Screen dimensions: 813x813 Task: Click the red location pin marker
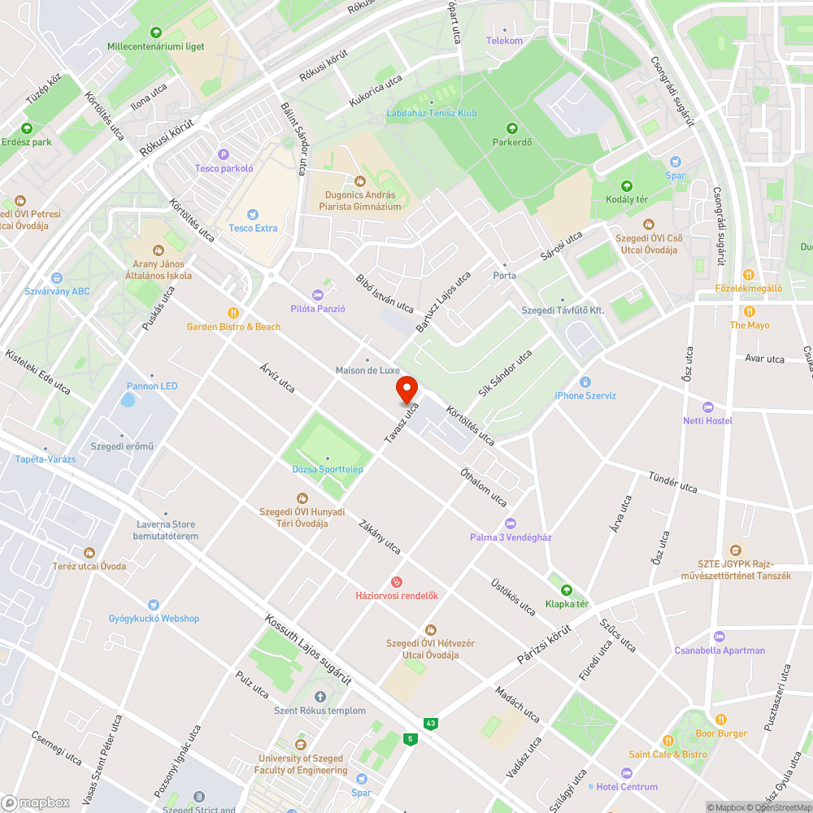406,389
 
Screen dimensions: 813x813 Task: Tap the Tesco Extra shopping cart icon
253,213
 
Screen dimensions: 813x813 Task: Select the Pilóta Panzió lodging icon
318,294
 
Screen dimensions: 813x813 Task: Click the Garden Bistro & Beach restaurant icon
233,312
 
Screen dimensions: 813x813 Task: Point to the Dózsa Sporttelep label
328,469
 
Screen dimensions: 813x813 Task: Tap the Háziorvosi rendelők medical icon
396,581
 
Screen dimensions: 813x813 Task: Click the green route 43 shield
429,723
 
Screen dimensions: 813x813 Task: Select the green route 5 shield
411,739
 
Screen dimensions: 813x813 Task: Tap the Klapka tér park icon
567,590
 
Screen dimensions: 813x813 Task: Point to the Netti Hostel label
707,420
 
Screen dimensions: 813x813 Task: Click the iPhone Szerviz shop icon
585,381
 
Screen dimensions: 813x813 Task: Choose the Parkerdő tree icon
511,128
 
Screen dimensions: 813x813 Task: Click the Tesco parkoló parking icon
224,154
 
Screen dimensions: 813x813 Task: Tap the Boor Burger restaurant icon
720,720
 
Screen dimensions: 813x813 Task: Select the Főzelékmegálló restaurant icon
748,274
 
